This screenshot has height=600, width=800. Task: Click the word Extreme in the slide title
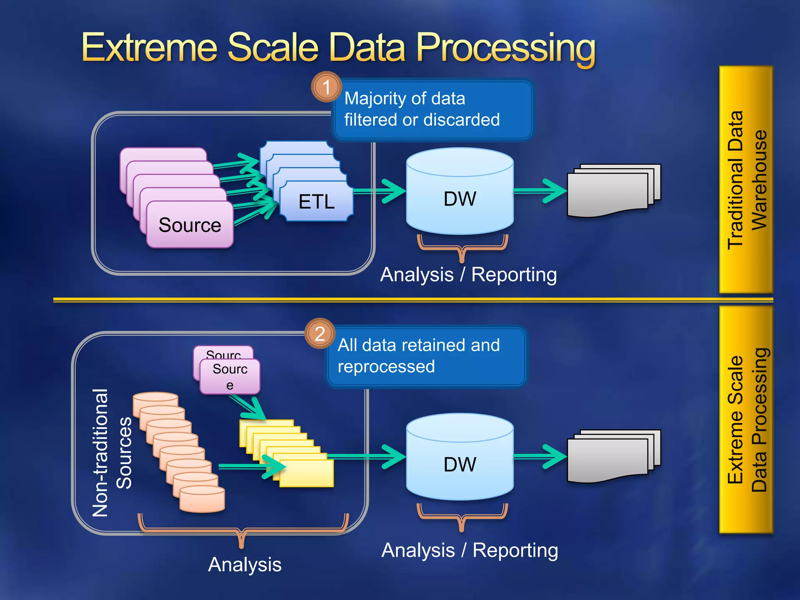pos(149,48)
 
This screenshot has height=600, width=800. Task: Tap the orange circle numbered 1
pos(326,87)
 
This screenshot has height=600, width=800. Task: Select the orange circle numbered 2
pos(320,334)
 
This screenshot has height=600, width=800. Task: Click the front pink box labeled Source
pos(190,225)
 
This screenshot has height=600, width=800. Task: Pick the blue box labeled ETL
pos(316,202)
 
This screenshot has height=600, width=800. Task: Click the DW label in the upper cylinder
pos(460,198)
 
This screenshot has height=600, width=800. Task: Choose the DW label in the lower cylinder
pos(460,464)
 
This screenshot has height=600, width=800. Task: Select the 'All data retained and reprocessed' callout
pos(426,356)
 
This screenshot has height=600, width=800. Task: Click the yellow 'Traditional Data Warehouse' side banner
pos(746,180)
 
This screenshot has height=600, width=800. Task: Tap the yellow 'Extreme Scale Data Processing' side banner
pos(746,420)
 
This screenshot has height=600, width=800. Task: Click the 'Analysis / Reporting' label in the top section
pos(468,275)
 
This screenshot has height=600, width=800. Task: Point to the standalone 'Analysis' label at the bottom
pos(245,564)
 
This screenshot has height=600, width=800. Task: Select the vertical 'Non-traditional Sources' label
pos(112,453)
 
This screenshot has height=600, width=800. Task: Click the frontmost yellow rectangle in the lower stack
pos(307,473)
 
